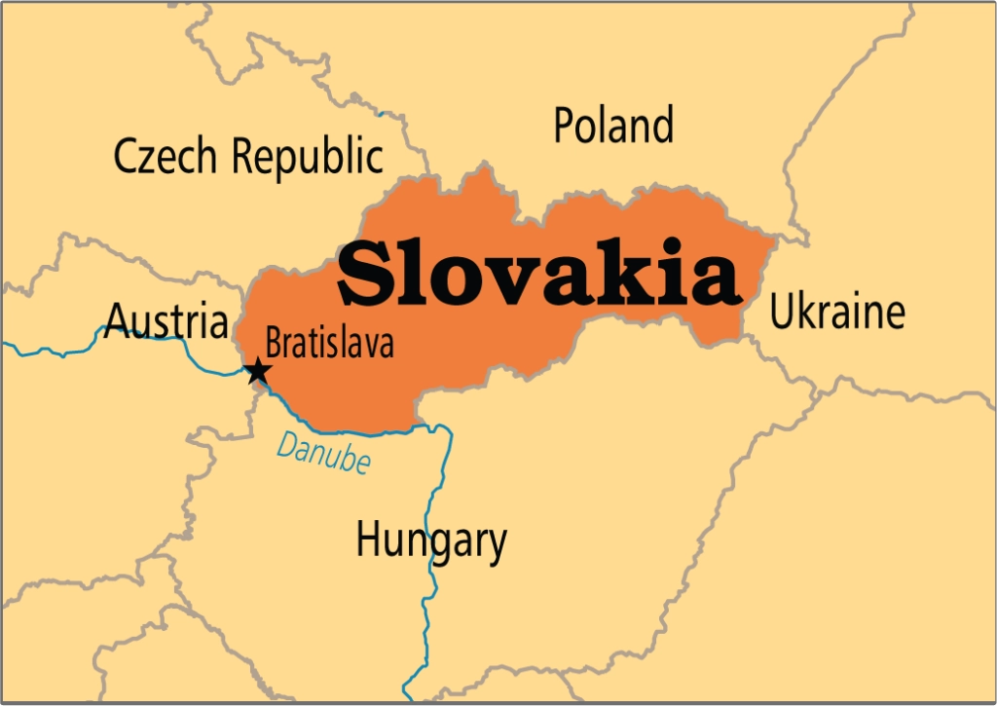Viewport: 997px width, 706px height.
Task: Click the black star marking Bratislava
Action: click(257, 371)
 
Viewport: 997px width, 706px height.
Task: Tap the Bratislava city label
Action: click(329, 343)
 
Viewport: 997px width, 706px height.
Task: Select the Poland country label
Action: click(613, 126)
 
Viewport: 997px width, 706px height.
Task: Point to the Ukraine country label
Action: click(837, 313)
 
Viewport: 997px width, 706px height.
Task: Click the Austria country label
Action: click(166, 319)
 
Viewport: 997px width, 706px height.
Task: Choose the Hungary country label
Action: click(431, 540)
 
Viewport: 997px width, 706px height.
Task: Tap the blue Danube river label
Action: click(323, 451)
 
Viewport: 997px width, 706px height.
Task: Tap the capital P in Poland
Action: click(566, 126)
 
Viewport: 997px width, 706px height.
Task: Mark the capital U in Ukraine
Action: click(783, 313)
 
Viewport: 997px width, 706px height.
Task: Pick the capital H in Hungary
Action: click(369, 539)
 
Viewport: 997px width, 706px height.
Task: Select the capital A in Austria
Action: click(119, 319)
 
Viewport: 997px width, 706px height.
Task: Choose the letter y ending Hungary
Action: click(497, 546)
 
